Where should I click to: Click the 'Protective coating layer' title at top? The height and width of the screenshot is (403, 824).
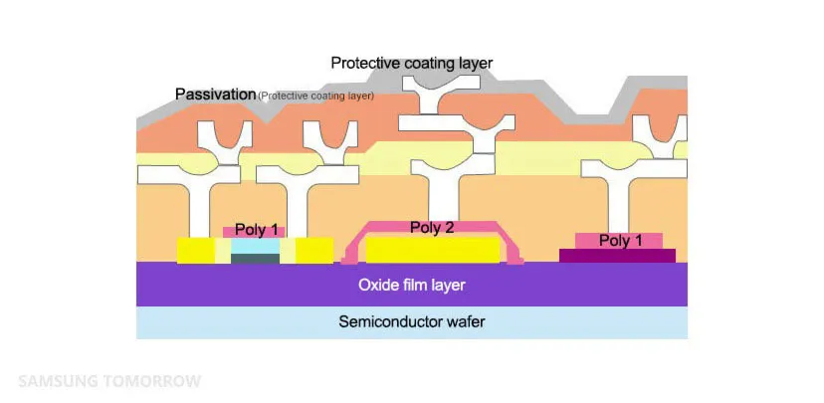(x=411, y=63)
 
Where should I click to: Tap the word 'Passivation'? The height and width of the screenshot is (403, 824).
(x=215, y=95)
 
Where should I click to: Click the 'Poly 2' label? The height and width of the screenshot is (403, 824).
(x=434, y=228)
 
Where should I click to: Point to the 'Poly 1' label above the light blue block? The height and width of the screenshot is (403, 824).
(x=255, y=230)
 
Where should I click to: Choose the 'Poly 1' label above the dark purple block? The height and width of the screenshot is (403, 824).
(x=618, y=240)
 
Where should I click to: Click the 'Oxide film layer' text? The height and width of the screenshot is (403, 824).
(x=411, y=285)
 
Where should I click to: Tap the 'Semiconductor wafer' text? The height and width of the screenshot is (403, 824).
(x=411, y=321)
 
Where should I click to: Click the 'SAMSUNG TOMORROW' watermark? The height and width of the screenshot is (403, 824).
(x=109, y=381)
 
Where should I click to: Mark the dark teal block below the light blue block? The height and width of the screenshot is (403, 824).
(x=255, y=258)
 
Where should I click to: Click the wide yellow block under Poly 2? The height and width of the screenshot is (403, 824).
(x=433, y=248)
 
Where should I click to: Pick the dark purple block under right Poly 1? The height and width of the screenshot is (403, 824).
(x=617, y=256)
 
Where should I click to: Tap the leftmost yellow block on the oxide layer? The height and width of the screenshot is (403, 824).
(x=196, y=250)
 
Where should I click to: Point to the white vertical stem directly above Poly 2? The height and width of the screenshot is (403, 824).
(x=434, y=199)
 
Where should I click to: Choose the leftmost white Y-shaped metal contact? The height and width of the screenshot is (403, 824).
(x=222, y=139)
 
